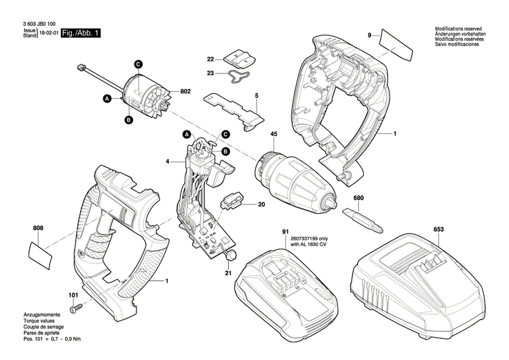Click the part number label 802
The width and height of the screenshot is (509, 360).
click(x=185, y=91)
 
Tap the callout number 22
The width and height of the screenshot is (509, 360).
click(x=210, y=59)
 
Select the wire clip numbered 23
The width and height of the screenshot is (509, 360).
click(x=240, y=76)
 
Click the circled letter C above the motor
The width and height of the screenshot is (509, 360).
click(x=138, y=64)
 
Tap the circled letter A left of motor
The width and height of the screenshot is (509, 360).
click(x=107, y=99)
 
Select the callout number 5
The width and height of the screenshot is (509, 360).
click(x=257, y=96)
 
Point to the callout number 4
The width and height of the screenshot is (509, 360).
click(x=166, y=162)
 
